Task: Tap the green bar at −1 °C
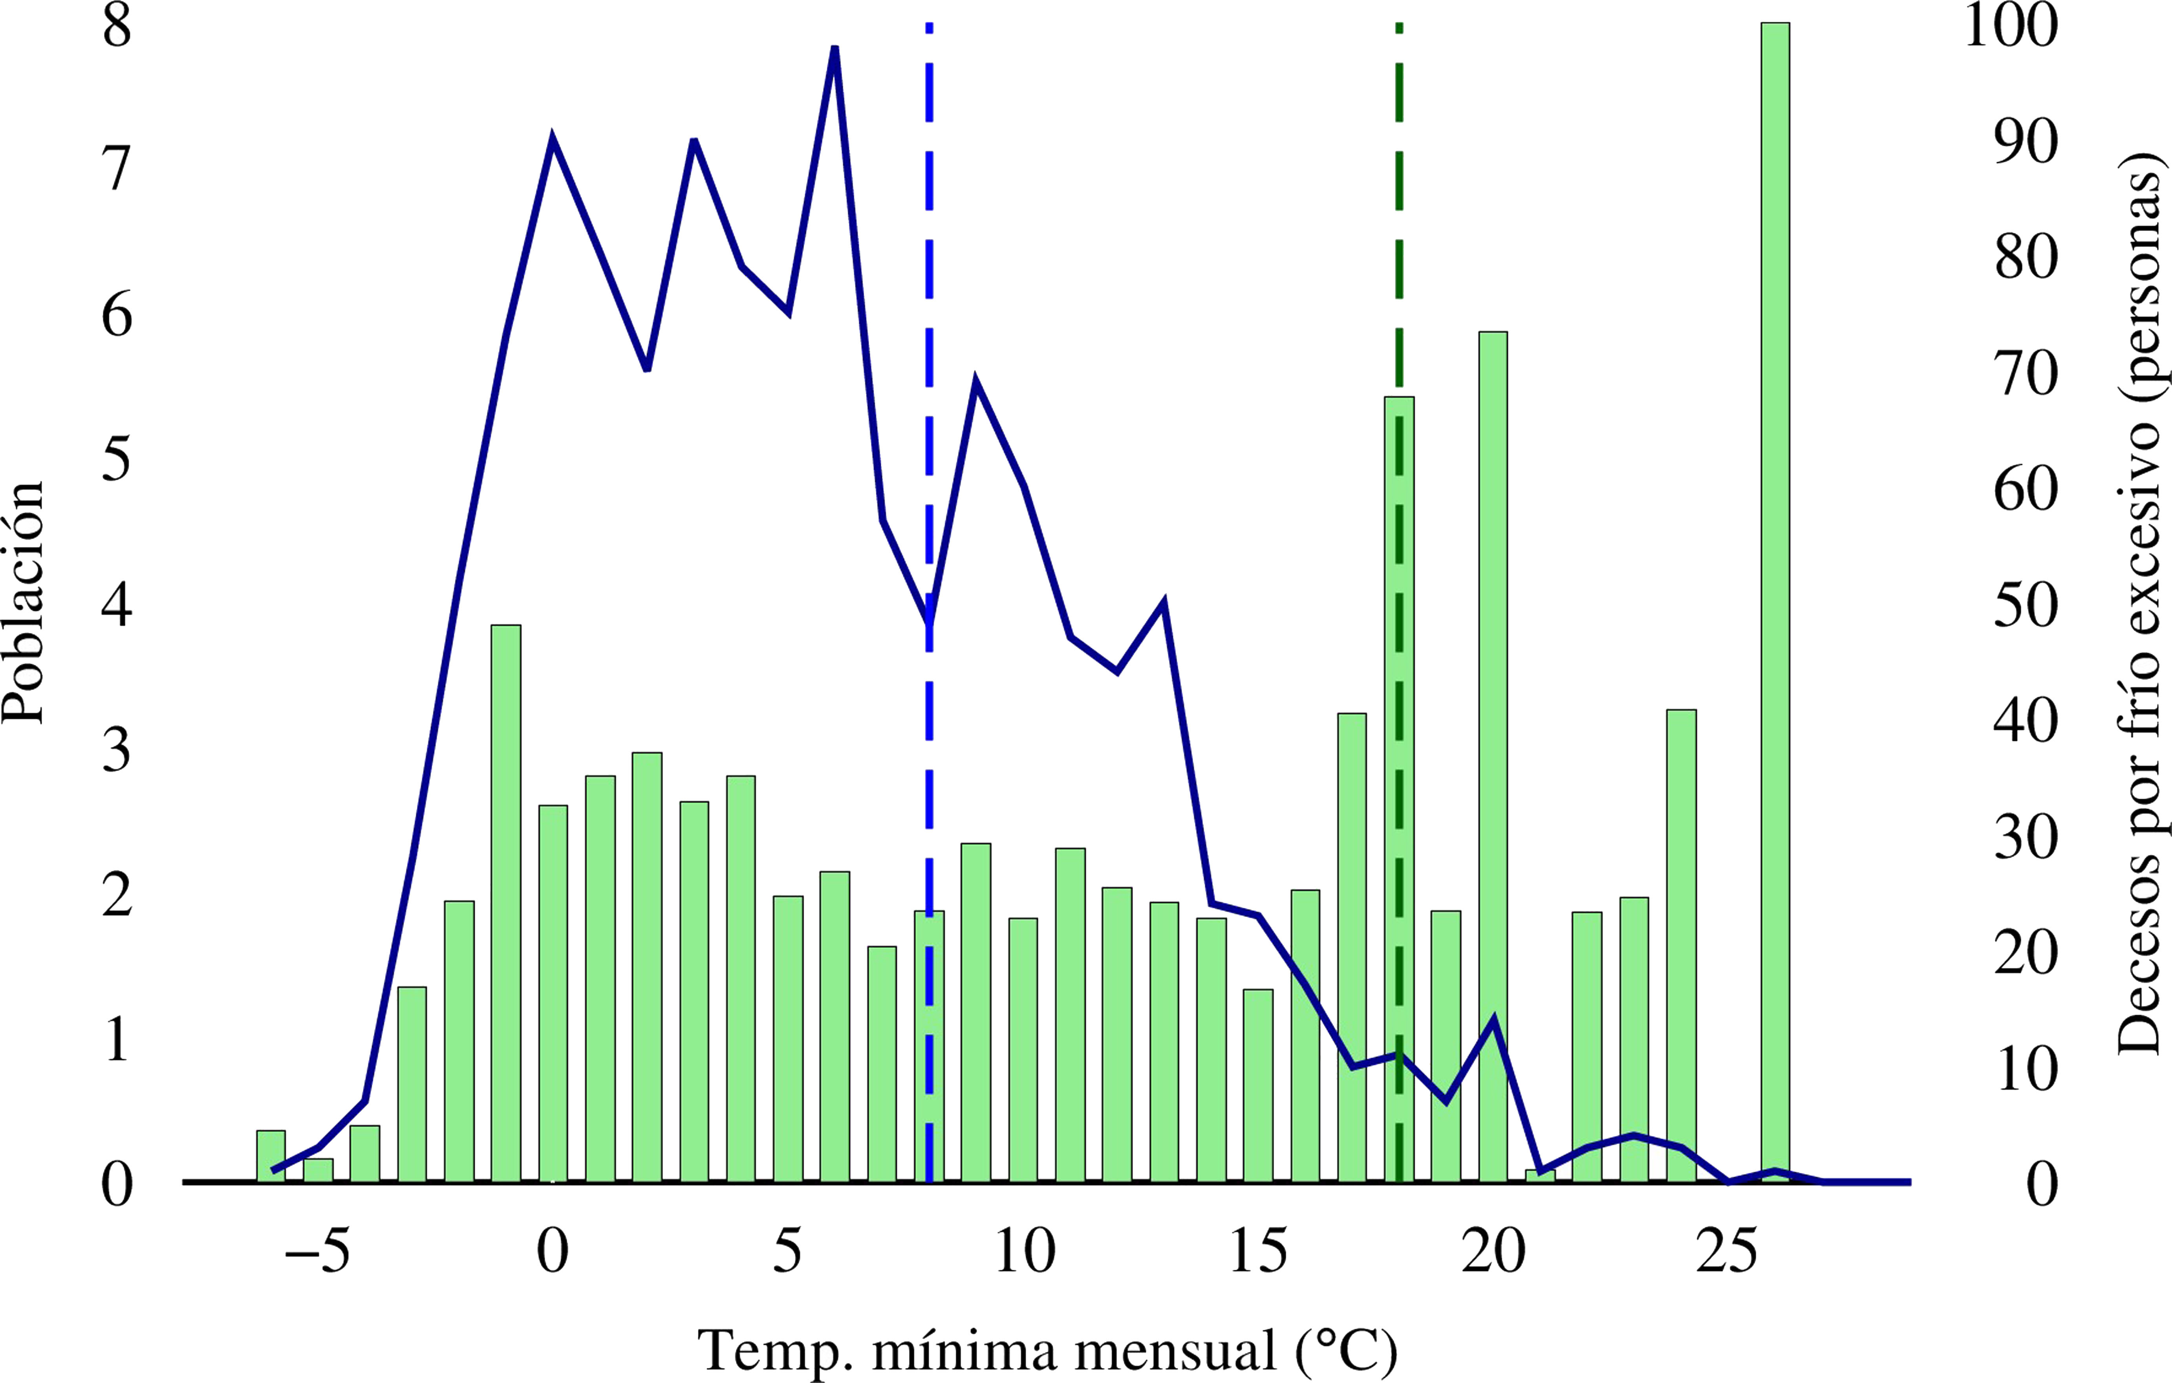(x=506, y=902)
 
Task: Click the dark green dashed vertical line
(x=1399, y=225)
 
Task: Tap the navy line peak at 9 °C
(x=976, y=383)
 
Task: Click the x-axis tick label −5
(x=318, y=1252)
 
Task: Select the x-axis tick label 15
(x=1258, y=1252)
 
